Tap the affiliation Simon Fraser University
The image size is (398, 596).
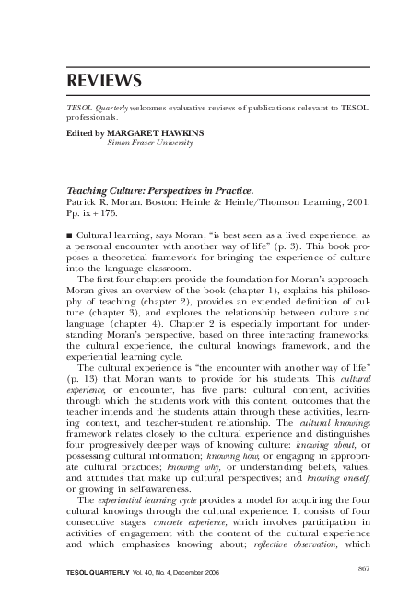pyautogui.click(x=146, y=143)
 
